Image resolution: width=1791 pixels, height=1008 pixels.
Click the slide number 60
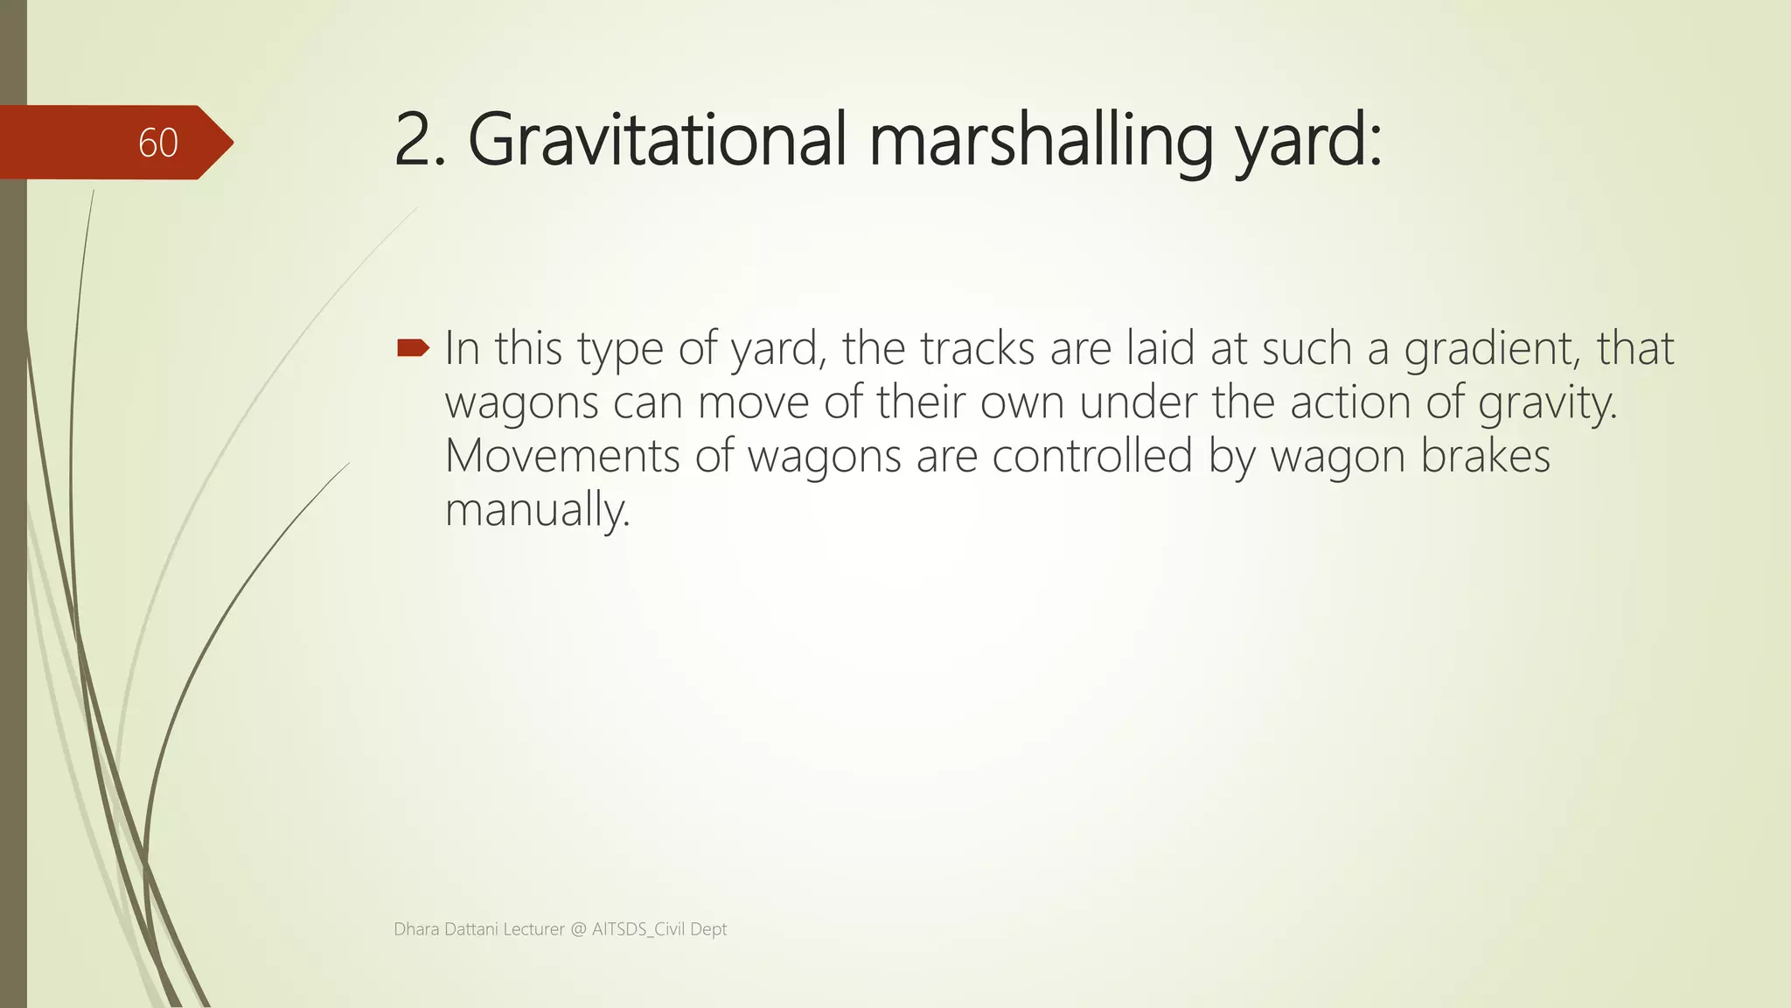[x=158, y=143]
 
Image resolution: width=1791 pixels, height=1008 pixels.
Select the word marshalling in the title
[x=1040, y=140]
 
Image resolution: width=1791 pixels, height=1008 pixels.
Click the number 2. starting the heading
[x=420, y=140]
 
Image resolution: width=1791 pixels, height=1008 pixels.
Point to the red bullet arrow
[x=413, y=348]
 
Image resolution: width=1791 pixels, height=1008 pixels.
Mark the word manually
[x=537, y=510]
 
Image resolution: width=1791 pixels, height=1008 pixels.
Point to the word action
[x=1350, y=402]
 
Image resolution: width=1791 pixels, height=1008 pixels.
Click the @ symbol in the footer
[x=578, y=929]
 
